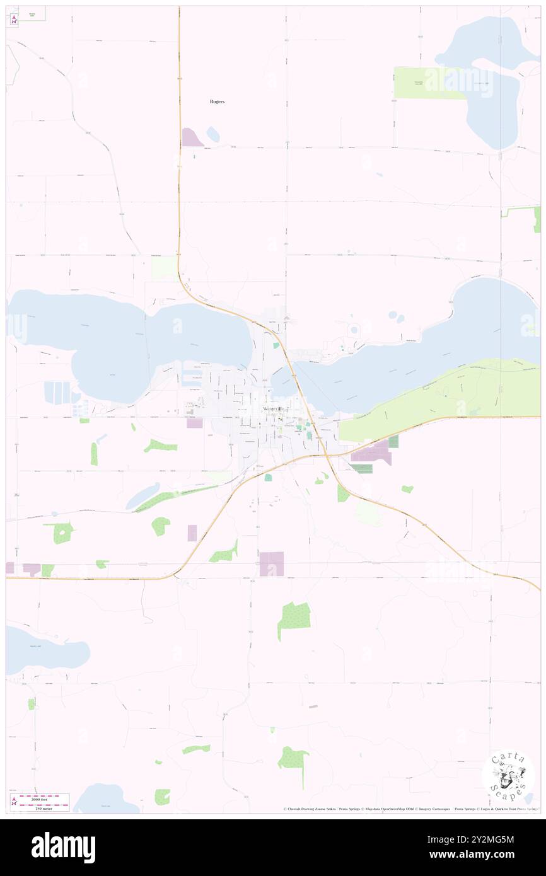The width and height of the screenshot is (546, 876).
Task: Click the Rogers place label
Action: point(217,101)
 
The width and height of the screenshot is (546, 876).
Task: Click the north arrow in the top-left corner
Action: point(14,18)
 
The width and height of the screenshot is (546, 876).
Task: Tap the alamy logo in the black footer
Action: point(63,847)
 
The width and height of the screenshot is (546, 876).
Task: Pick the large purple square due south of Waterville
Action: point(272,563)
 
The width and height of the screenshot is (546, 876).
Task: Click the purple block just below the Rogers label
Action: point(192,137)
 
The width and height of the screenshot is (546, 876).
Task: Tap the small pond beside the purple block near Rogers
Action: point(213,134)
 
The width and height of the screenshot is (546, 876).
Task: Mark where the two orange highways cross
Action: point(325,455)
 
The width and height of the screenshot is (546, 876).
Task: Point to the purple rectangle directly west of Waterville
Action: point(195,424)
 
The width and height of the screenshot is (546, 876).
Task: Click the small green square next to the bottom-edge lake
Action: point(163,797)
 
